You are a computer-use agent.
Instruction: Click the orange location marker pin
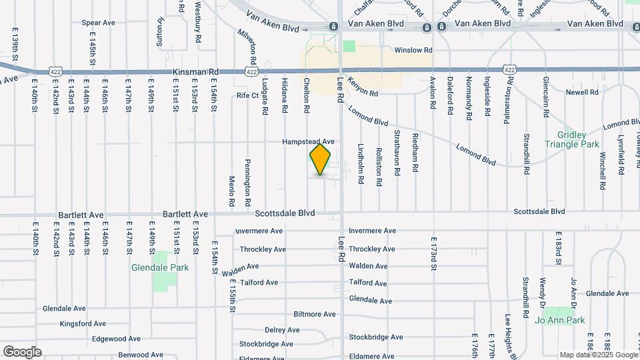321,159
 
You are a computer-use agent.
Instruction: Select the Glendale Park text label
160,267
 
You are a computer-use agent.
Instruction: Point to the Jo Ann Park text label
560,320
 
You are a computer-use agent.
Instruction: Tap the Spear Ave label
98,23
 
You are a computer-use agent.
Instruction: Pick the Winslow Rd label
413,50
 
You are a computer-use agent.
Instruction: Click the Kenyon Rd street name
363,94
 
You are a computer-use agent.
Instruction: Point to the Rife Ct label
247,95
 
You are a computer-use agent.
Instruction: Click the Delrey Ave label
282,330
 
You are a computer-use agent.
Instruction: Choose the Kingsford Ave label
83,324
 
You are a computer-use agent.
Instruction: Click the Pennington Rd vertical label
247,181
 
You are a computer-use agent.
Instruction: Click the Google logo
22,352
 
